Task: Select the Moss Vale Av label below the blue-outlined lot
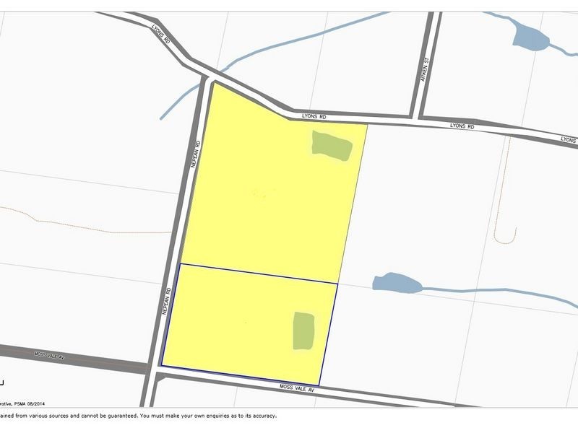298,388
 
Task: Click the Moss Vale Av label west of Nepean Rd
51,356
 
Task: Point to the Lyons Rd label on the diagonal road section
161,35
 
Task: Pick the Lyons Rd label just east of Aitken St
461,126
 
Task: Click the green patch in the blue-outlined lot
303,331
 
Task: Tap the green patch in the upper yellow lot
332,146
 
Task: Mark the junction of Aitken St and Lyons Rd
417,118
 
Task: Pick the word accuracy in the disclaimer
264,416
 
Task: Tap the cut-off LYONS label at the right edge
569,139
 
